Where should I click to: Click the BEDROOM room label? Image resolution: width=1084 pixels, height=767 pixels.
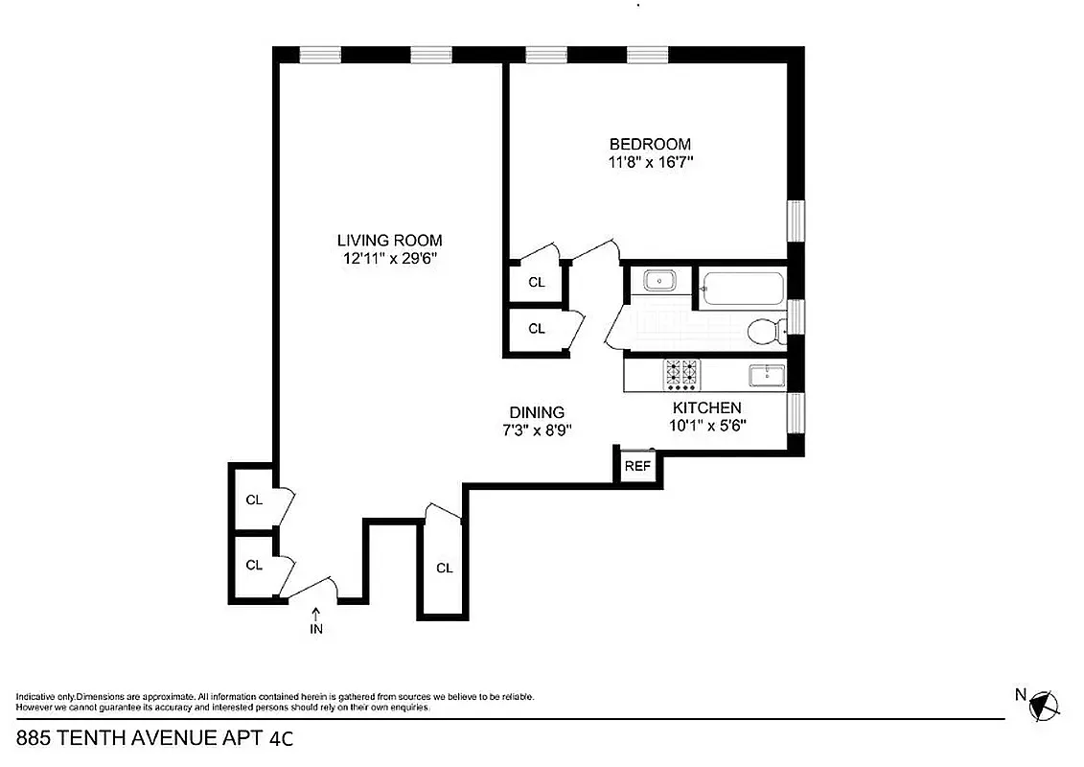tap(650, 145)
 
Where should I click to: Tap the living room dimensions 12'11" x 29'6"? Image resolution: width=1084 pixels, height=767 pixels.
tap(389, 258)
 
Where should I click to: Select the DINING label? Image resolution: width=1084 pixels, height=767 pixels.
tap(537, 412)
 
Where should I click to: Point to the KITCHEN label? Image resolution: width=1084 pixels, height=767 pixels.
tap(706, 407)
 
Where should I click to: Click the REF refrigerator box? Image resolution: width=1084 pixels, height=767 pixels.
tap(637, 467)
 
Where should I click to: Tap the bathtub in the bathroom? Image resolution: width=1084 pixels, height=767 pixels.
tap(744, 288)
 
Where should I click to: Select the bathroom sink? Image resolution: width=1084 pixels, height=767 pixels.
tap(658, 281)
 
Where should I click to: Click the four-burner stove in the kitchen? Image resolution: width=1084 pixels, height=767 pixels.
tap(681, 375)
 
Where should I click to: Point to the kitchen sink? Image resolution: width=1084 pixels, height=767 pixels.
tap(767, 373)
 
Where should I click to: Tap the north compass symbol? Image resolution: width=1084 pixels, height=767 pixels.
tap(1044, 706)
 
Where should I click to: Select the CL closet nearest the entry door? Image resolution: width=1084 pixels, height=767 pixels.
tap(253, 565)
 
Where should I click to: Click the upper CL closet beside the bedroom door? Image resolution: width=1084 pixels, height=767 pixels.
tap(537, 282)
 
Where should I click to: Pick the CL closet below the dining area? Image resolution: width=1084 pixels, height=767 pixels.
tap(444, 568)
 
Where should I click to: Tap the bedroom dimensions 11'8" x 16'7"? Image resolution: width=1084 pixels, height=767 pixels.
tap(651, 162)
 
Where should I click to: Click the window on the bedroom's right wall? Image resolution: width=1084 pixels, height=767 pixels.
tap(795, 221)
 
